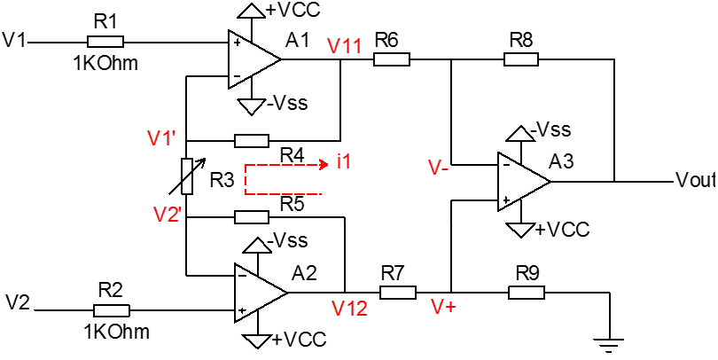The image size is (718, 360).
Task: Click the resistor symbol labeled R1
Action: point(105,43)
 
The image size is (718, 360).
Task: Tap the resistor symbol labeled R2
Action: point(112,310)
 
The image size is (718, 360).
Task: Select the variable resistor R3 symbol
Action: point(187,176)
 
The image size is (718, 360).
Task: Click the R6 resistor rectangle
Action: point(392,59)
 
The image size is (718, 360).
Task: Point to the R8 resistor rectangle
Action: point(521,59)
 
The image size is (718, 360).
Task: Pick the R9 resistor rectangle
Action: point(527,293)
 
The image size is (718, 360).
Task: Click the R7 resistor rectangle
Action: point(398,293)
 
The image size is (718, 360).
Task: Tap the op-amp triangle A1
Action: point(254,59)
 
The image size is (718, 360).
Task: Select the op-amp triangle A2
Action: point(260,293)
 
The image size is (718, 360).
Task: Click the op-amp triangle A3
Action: point(524,182)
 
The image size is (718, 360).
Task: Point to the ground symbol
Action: point(609,344)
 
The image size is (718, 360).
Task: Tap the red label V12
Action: point(350,309)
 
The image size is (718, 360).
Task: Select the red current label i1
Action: point(344,162)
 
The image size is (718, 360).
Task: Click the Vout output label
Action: point(696,181)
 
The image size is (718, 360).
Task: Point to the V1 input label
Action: point(14,40)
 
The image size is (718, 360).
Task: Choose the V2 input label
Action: point(18,302)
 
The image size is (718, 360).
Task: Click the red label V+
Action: point(444,308)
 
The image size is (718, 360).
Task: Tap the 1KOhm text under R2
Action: point(117,331)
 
